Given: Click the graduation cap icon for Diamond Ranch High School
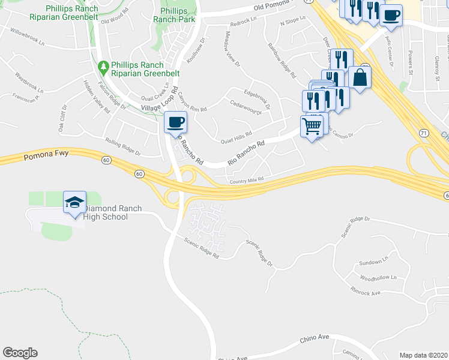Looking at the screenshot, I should coord(74,203).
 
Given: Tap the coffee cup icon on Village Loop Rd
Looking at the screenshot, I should coord(175,123).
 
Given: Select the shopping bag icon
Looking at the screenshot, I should coord(360,77).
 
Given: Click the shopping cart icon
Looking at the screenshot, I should coord(312,127).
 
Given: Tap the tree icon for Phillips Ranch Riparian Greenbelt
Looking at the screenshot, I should coord(103,65).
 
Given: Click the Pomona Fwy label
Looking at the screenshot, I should coord(46,156).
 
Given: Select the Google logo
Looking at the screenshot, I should coord(20,353).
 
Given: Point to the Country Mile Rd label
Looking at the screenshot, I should coord(246,180).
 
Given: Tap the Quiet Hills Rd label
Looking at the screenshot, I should coord(236,138).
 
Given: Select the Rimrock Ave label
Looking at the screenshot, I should coord(366,292).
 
